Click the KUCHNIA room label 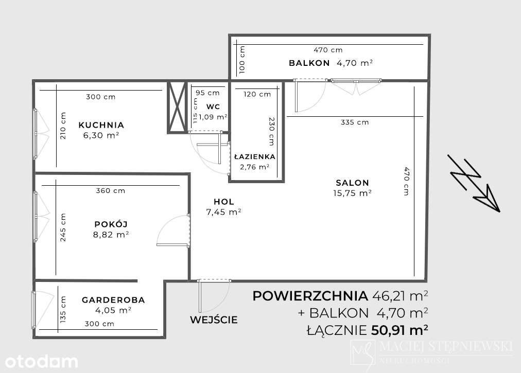click(101, 125)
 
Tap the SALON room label click(352, 183)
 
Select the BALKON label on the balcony click(309, 63)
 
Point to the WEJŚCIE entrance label click(214, 319)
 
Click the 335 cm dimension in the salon click(355, 122)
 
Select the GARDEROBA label click(113, 300)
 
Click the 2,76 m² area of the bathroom click(254, 167)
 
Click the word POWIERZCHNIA click(310, 296)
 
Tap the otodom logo click(39, 361)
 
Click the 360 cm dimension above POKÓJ click(111, 191)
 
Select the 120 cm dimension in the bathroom click(257, 94)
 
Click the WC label click(213, 106)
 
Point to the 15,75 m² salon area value click(352, 193)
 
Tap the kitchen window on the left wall click(35, 133)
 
